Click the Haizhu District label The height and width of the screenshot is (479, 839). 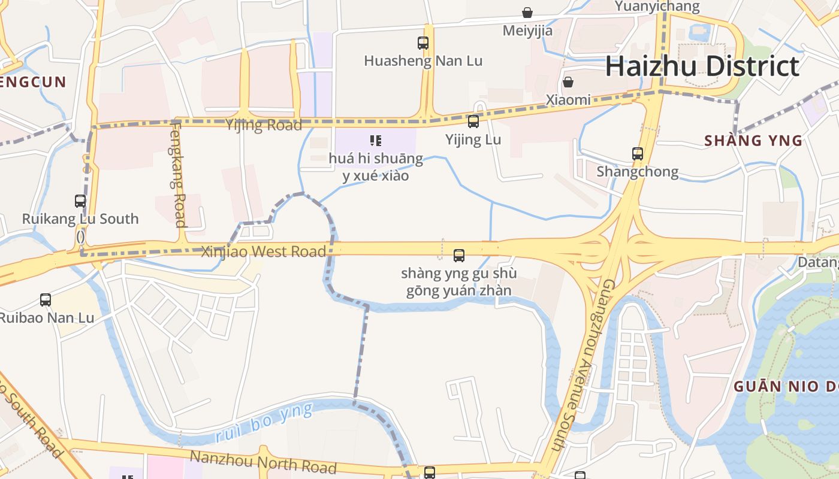pyautogui.click(x=702, y=66)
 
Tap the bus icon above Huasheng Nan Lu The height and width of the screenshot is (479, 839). pyautogui.click(x=423, y=43)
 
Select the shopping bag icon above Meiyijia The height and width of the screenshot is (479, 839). pyautogui.click(x=527, y=13)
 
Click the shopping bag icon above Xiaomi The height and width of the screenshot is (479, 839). pyautogui.click(x=568, y=82)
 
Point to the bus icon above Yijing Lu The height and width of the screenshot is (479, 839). pyautogui.click(x=473, y=122)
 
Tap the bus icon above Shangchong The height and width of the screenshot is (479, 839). pyautogui.click(x=638, y=154)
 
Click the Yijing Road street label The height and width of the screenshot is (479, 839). pyautogui.click(x=264, y=126)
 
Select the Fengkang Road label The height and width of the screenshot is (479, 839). pyautogui.click(x=179, y=175)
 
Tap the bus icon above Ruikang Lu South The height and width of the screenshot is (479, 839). pyautogui.click(x=80, y=201)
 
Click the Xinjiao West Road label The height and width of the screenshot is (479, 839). pyautogui.click(x=264, y=251)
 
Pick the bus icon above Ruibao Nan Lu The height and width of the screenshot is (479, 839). pyautogui.click(x=46, y=300)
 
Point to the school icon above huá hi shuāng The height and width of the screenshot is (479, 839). pyautogui.click(x=376, y=141)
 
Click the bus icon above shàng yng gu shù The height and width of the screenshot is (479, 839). pyautogui.click(x=459, y=256)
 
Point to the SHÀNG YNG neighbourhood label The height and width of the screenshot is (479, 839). pyautogui.click(x=753, y=141)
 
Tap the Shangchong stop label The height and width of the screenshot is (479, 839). pyautogui.click(x=638, y=172)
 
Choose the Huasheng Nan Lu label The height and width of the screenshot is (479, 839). pyautogui.click(x=423, y=61)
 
